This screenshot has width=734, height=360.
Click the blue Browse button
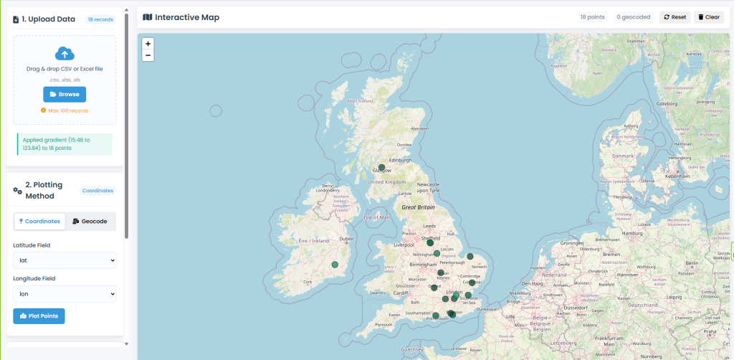pos(65,94)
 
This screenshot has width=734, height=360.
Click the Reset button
pos(675,17)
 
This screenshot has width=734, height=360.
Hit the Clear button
pos(709,17)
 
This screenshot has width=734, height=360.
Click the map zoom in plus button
pos(148,44)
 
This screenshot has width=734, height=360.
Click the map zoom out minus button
pos(148,55)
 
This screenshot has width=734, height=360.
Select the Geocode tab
pos(90,221)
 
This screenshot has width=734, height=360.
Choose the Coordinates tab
pos(40,221)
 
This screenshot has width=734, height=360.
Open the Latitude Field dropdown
pos(65,260)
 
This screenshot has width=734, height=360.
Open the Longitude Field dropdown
pos(65,294)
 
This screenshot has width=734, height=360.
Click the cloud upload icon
pos(65,54)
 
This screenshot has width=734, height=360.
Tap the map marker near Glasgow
pos(382,168)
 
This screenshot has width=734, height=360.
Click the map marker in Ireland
pos(335,265)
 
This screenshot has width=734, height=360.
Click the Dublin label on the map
pos(346,239)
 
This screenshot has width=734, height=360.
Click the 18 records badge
pos(99,19)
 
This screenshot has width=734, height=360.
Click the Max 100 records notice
pos(65,110)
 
